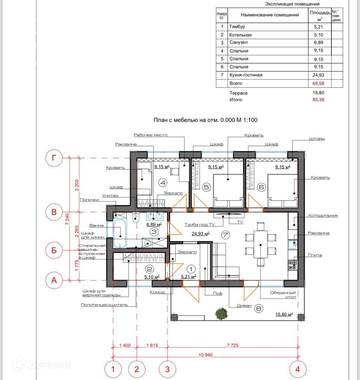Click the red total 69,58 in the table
[318, 84]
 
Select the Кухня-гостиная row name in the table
[246, 75]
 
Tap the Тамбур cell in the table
[237, 26]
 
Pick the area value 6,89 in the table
[319, 43]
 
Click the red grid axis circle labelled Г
[54, 158]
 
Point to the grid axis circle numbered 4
[298, 369]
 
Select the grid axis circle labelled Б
[54, 250]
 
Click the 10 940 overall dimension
[206, 355]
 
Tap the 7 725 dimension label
[233, 346]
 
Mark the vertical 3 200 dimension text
[77, 185]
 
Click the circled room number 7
[225, 235]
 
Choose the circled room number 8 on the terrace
[258, 309]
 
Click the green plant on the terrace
[221, 313]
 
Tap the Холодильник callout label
[323, 215]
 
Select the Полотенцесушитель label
[104, 305]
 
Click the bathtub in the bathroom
[120, 233]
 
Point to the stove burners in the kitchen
[292, 265]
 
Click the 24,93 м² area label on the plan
[201, 234]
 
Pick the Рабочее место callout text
[150, 135]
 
